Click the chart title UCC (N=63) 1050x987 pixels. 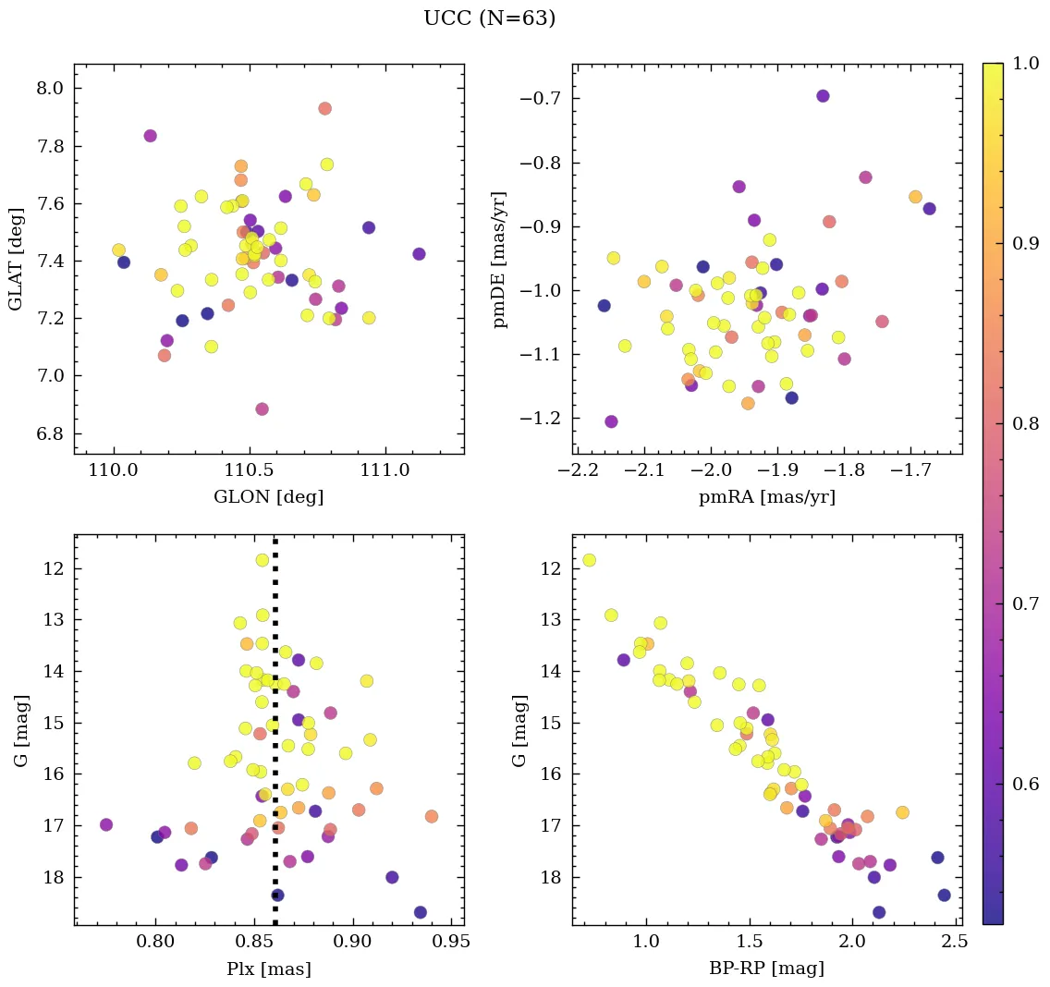point(489,18)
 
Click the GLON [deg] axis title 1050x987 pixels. point(268,497)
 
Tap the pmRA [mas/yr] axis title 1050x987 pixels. point(768,497)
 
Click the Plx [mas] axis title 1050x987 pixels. point(268,969)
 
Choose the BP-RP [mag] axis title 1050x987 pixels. point(768,969)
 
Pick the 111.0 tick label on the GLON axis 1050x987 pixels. point(385,471)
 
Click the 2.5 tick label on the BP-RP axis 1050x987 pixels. point(956,943)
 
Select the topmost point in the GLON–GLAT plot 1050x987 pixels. point(324,108)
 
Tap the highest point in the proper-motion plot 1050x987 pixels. point(823,96)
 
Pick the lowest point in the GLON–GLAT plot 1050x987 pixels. point(262,408)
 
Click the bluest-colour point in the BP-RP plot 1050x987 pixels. point(589,560)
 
